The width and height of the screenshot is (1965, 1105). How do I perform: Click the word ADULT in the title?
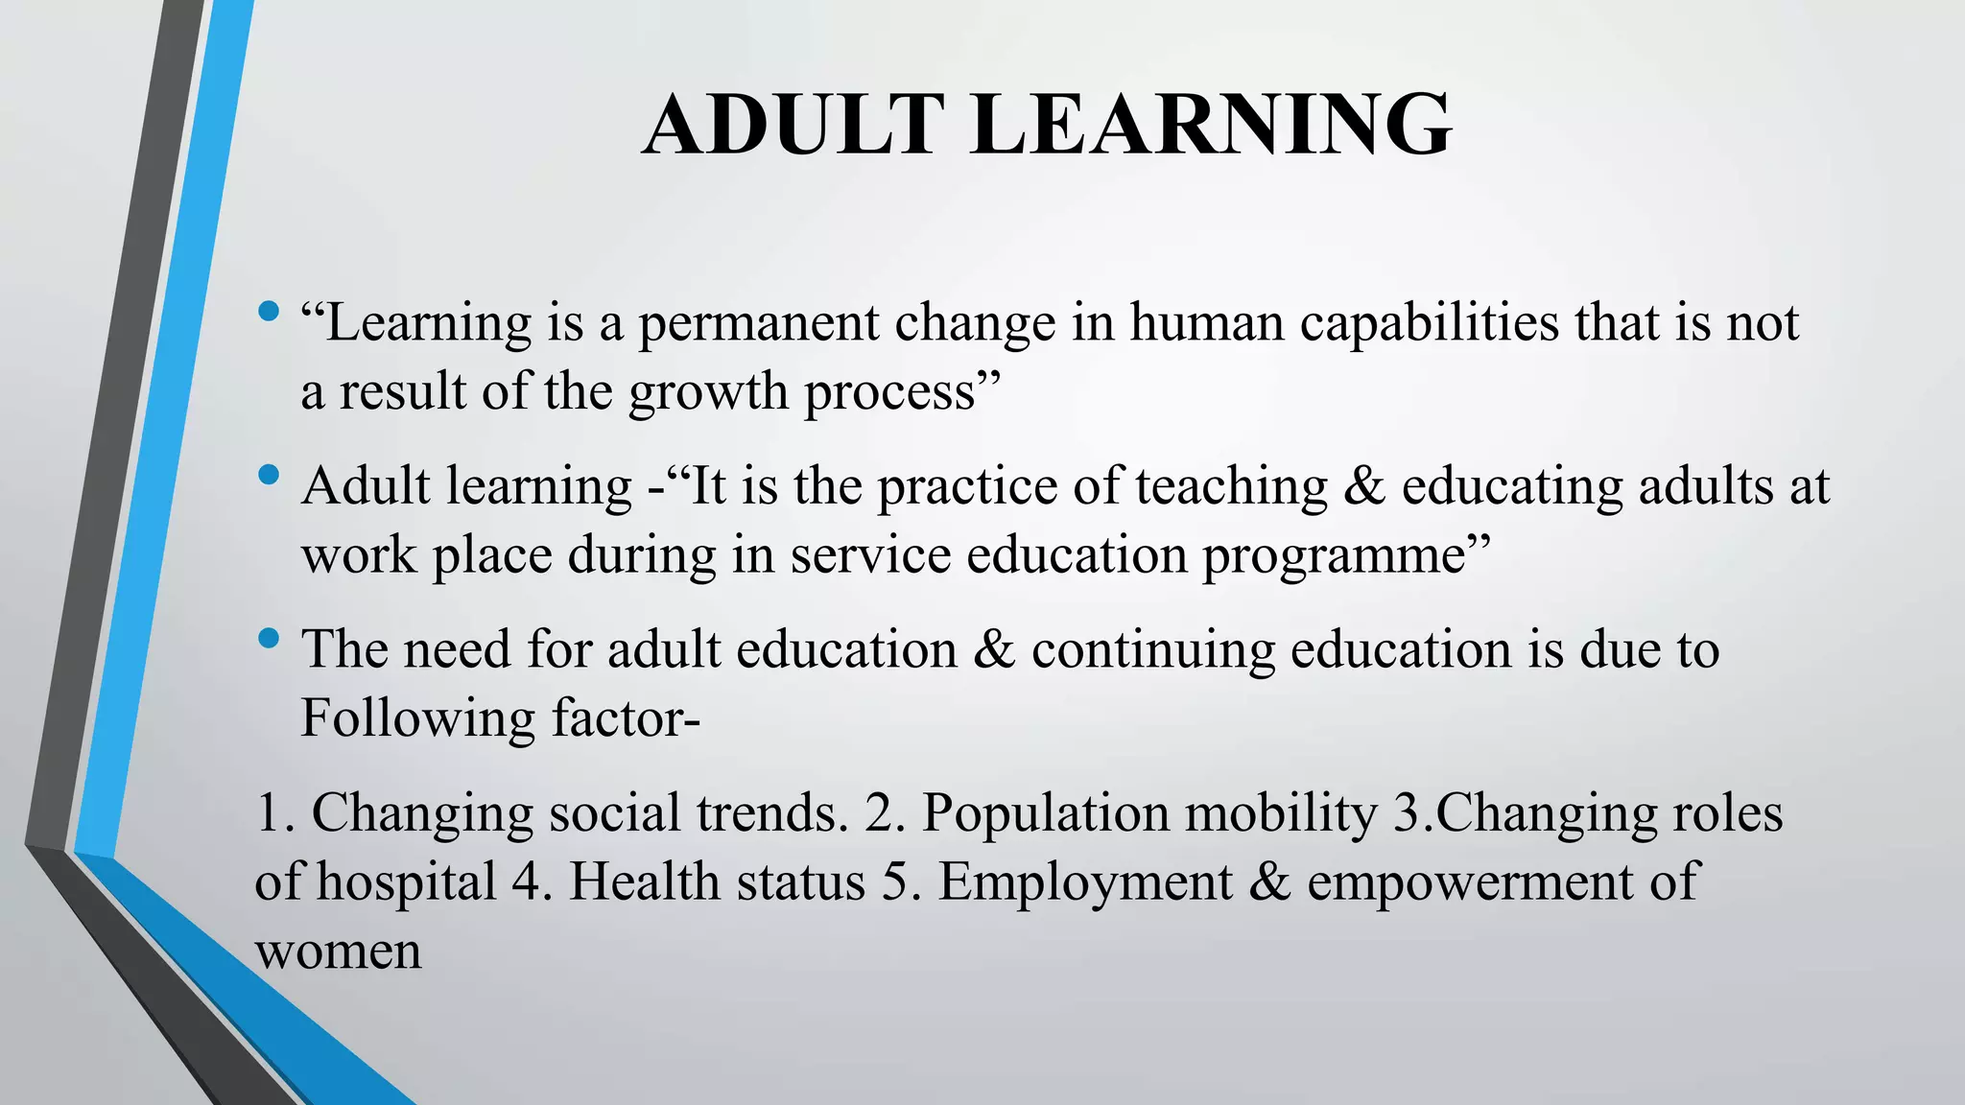(x=790, y=125)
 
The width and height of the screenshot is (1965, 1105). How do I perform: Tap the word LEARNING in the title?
(x=1211, y=125)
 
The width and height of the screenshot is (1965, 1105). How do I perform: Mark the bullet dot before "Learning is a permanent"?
(x=269, y=311)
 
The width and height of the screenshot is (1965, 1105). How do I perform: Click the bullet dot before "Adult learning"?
(x=269, y=475)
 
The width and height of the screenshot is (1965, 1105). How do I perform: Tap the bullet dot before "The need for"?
(x=269, y=638)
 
